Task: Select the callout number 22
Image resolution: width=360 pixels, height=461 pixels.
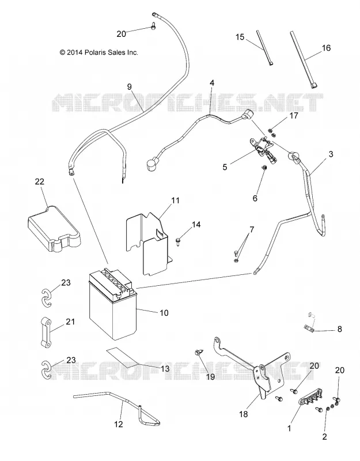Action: click(39, 182)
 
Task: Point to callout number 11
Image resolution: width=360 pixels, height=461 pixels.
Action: click(175, 200)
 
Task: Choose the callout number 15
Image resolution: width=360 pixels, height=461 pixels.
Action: click(240, 37)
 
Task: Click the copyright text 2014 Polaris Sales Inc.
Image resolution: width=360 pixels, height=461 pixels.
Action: click(98, 52)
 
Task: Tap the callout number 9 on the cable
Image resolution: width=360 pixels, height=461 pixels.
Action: click(129, 87)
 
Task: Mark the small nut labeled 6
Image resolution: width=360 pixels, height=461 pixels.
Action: click(264, 168)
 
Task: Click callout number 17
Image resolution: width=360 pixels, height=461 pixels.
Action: click(294, 116)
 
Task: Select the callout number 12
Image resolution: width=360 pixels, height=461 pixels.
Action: click(119, 424)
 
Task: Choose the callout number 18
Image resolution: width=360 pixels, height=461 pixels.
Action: click(244, 414)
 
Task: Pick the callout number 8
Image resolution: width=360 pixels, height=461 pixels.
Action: click(340, 329)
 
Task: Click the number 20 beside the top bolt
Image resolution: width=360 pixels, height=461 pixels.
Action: click(121, 34)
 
